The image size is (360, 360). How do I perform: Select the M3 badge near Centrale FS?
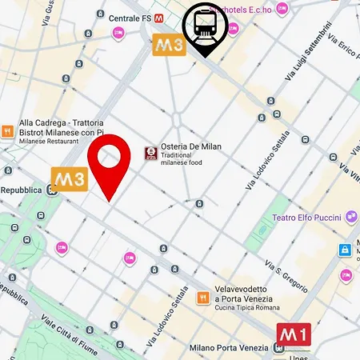pyautogui.click(x=170, y=45)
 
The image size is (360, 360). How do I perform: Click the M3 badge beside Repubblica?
pyautogui.click(x=70, y=178)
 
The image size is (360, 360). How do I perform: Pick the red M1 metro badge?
pyautogui.click(x=293, y=334)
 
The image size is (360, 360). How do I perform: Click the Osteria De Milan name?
pyautogui.click(x=187, y=147)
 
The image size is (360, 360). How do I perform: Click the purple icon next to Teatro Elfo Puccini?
pyautogui.click(x=351, y=217)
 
